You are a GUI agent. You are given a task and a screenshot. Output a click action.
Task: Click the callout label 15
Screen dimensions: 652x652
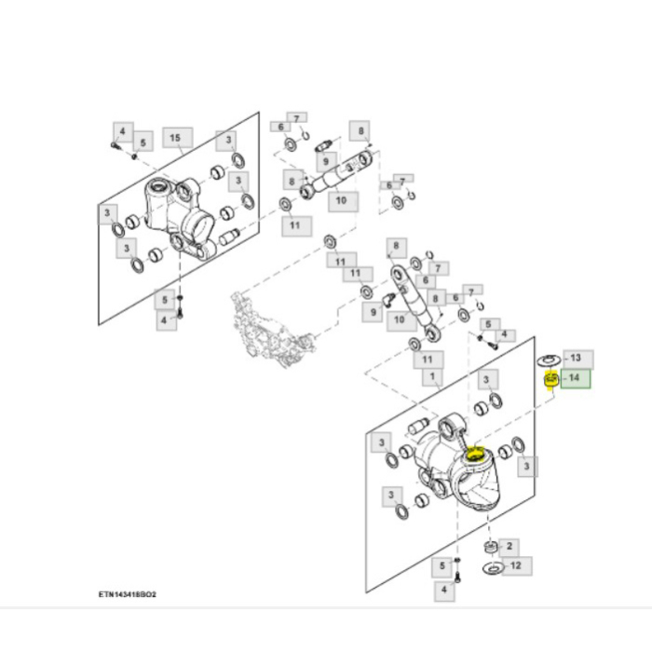pos(175,138)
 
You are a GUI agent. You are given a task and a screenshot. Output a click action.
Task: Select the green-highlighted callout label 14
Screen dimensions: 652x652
pos(574,378)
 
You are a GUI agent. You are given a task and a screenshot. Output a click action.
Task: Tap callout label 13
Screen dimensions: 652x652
pos(575,358)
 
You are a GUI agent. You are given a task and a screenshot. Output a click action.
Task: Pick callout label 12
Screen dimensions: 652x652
pos(516,565)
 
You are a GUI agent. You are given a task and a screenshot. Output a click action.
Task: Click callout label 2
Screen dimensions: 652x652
pos(510,546)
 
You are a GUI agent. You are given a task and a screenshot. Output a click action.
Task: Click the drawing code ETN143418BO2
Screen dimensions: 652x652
pos(127,593)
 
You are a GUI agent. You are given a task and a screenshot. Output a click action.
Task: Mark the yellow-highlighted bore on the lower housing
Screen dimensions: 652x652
pos(476,455)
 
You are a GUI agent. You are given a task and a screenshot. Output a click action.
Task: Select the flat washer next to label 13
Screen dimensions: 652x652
pos(549,359)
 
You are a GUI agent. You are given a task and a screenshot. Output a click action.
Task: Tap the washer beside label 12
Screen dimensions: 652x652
pos(492,567)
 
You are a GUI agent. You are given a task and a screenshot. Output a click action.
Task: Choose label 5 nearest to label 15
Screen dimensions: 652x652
pos(143,143)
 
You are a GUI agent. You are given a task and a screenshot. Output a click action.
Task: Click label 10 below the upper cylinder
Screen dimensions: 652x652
pos(341,200)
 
